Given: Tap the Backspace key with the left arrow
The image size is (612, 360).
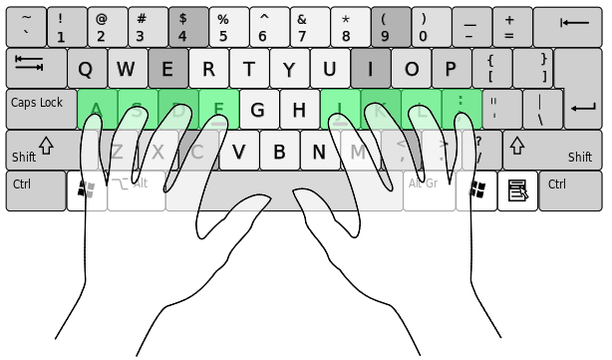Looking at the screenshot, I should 574,27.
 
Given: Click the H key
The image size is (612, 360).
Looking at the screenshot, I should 298,109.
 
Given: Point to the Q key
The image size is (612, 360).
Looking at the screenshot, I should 86,69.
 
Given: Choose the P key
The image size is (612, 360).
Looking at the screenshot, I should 451,69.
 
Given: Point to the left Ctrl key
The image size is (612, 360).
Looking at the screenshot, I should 34,189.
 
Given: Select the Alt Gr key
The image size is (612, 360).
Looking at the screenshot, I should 429,189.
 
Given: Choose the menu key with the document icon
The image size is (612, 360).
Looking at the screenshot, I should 518,189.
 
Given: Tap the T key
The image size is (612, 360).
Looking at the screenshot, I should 248,69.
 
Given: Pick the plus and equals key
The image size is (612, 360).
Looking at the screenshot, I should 511,27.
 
